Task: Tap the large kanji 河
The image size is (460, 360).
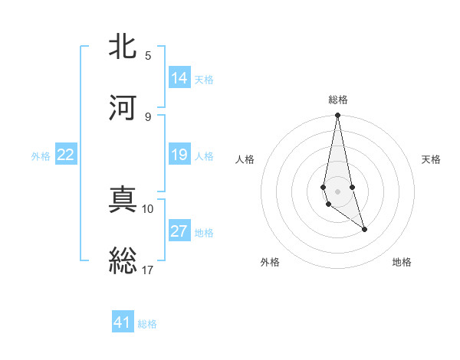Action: tap(123, 107)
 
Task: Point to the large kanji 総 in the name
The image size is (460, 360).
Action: tap(123, 260)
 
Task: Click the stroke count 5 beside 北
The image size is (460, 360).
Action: tap(148, 56)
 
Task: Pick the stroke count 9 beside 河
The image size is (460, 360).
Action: tap(148, 116)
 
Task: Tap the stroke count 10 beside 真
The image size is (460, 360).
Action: tap(148, 209)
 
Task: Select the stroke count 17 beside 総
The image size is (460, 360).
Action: tap(148, 270)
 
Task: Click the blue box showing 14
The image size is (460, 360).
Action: tap(179, 77)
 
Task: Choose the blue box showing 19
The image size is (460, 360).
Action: tap(179, 155)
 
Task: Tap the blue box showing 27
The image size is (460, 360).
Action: tap(179, 231)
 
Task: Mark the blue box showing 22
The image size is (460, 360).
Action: tap(66, 155)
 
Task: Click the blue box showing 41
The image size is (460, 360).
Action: tap(123, 322)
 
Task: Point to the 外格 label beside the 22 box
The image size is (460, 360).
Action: tap(41, 156)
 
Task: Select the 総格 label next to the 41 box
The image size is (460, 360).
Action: tap(147, 324)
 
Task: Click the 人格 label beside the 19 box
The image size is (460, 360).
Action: tap(204, 156)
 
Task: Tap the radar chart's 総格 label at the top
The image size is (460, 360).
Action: tap(338, 100)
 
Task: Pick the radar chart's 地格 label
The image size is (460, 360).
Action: tap(402, 262)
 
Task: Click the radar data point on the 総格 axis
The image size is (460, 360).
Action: tap(337, 116)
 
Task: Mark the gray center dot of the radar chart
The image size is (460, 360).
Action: tap(337, 191)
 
